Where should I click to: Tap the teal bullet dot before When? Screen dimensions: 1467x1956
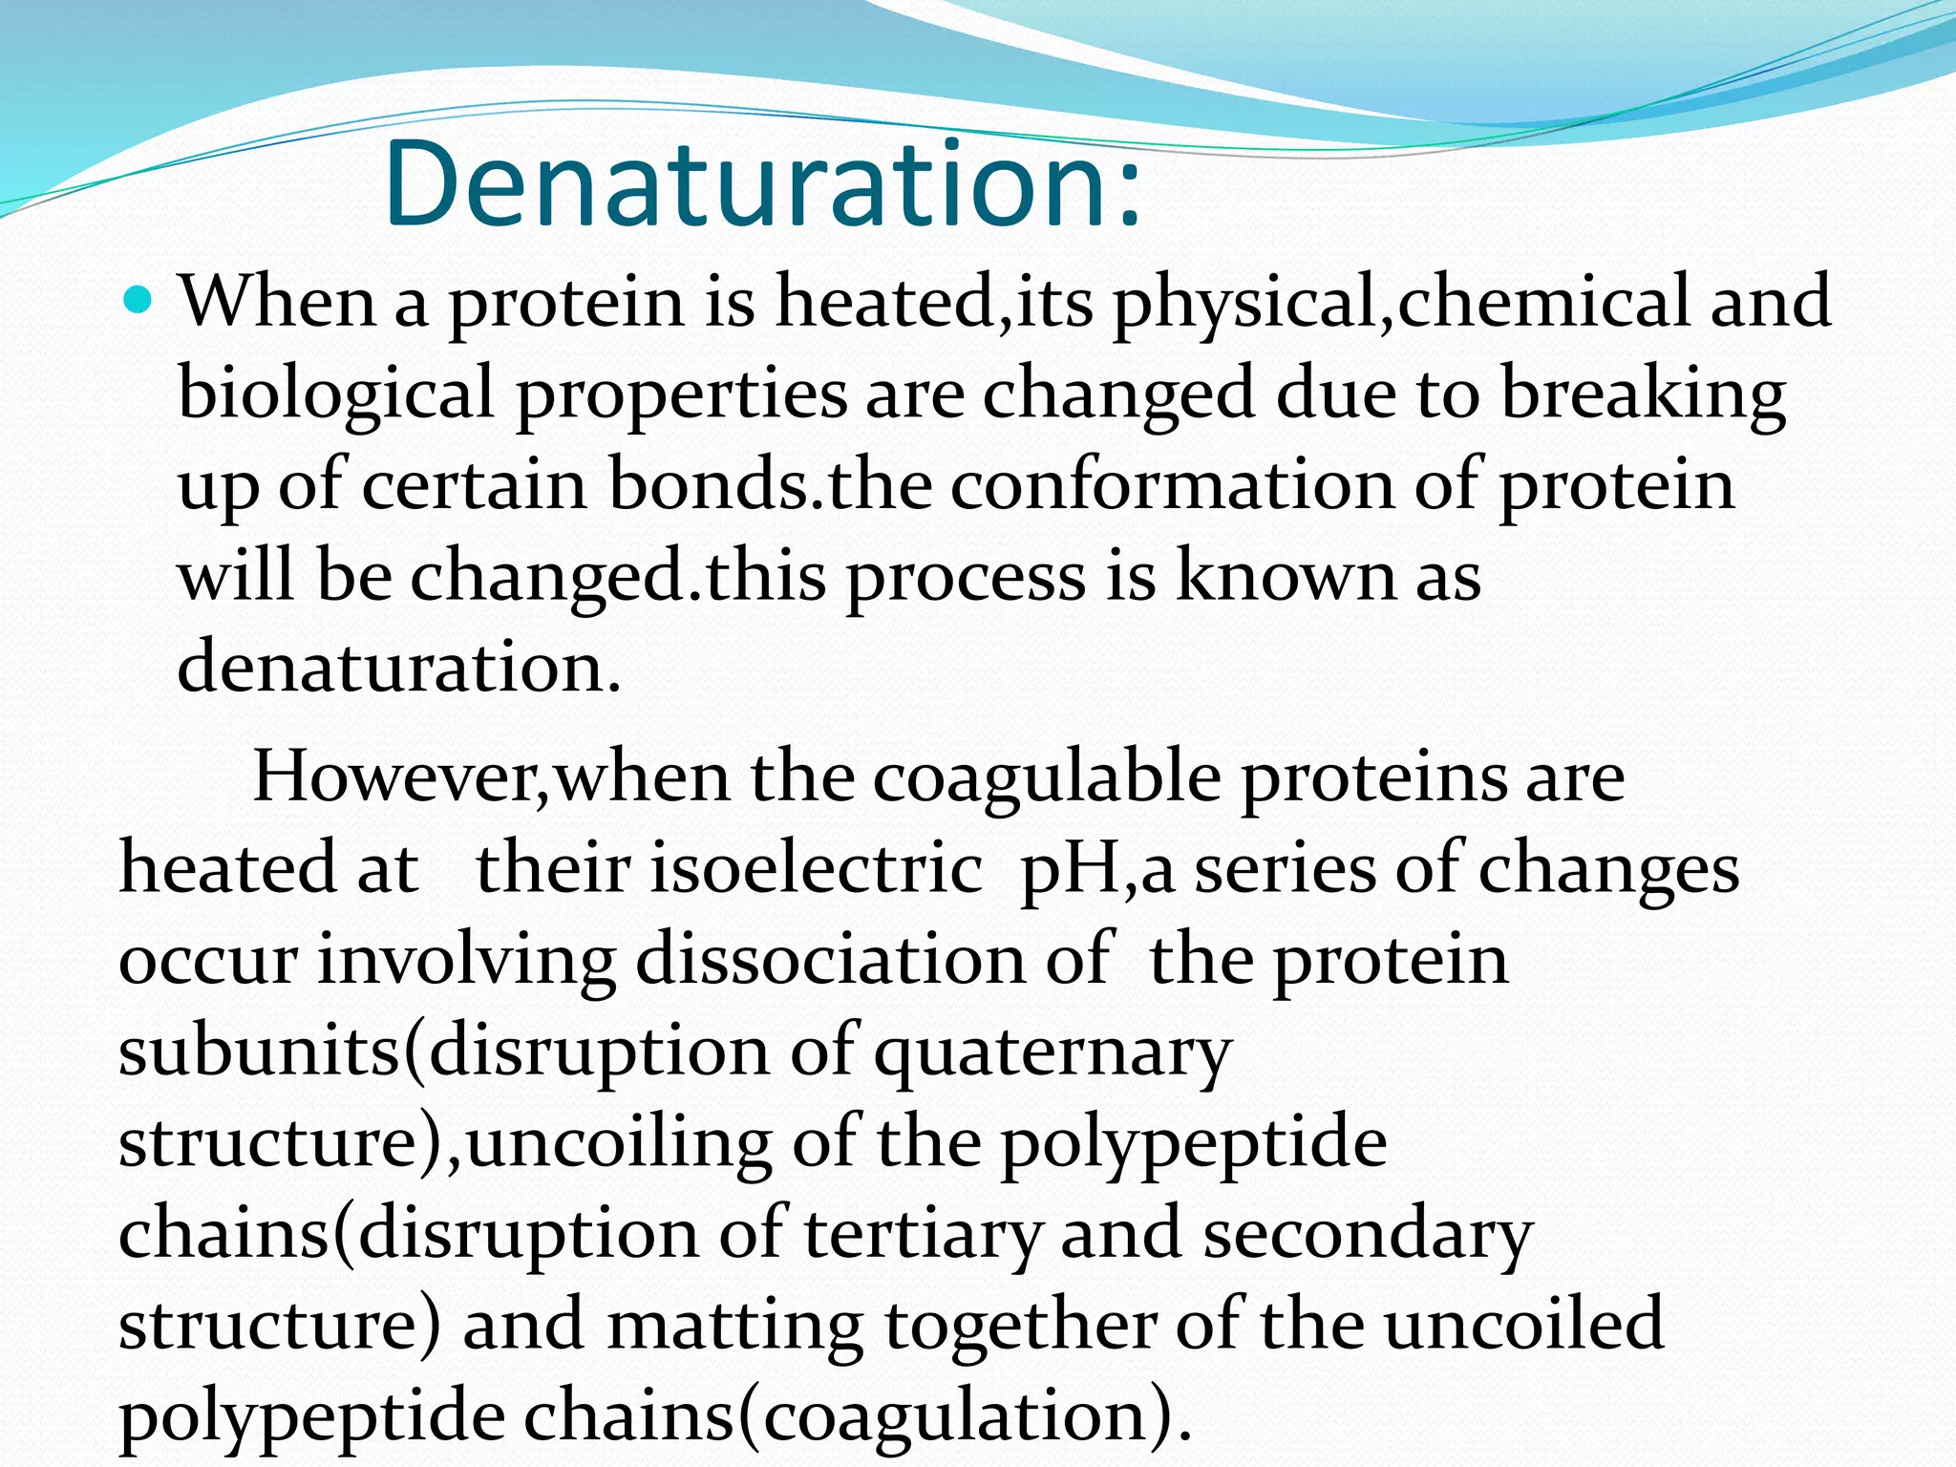coord(139,301)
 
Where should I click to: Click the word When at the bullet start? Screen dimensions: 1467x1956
coord(278,302)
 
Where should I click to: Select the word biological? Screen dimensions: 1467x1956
coord(336,393)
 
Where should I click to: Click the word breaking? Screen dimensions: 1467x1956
coord(1643,393)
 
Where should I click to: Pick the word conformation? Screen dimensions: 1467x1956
coord(1172,485)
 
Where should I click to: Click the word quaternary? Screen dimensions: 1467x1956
coord(1052,1052)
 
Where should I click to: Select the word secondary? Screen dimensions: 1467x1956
coord(1368,1234)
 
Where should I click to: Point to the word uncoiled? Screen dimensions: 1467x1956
coord(1524,1324)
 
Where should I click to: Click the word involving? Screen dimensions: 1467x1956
coord(466,960)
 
